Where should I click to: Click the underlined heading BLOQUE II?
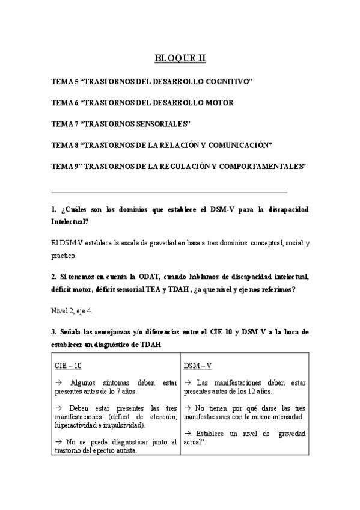pos(180,58)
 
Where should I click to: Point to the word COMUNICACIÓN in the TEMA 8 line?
pos(243,145)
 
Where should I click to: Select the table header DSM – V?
pos(199,365)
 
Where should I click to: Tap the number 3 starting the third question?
pos(53,332)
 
